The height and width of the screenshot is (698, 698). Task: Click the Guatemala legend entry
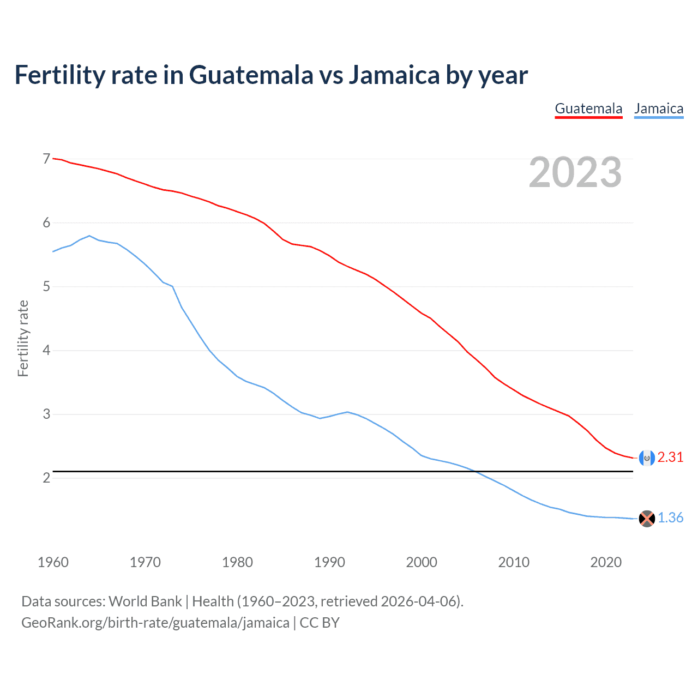(588, 109)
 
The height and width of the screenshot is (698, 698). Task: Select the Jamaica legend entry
(659, 109)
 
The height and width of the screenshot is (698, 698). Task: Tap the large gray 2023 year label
(575, 172)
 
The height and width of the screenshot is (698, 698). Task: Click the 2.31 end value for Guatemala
(670, 458)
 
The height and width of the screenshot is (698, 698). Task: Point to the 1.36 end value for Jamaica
(670, 518)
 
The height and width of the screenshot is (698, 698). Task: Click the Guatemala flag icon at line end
(647, 458)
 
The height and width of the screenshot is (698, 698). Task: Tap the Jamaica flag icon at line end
(647, 519)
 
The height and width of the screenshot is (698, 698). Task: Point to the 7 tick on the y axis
(46, 159)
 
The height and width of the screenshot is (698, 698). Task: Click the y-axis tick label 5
(46, 286)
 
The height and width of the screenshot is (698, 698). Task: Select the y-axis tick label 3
(46, 414)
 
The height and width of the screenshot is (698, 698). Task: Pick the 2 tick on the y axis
(46, 478)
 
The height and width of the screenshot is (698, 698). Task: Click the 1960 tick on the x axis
(53, 562)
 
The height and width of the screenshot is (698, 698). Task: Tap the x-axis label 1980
(237, 562)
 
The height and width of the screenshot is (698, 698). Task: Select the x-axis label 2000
(422, 562)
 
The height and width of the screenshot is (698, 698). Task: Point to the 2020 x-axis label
(606, 562)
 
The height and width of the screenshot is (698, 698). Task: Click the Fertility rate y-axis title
(23, 338)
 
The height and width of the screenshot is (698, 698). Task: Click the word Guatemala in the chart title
(251, 75)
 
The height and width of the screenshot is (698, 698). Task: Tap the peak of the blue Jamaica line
(89, 236)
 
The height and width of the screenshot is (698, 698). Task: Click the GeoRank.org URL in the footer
(155, 623)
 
